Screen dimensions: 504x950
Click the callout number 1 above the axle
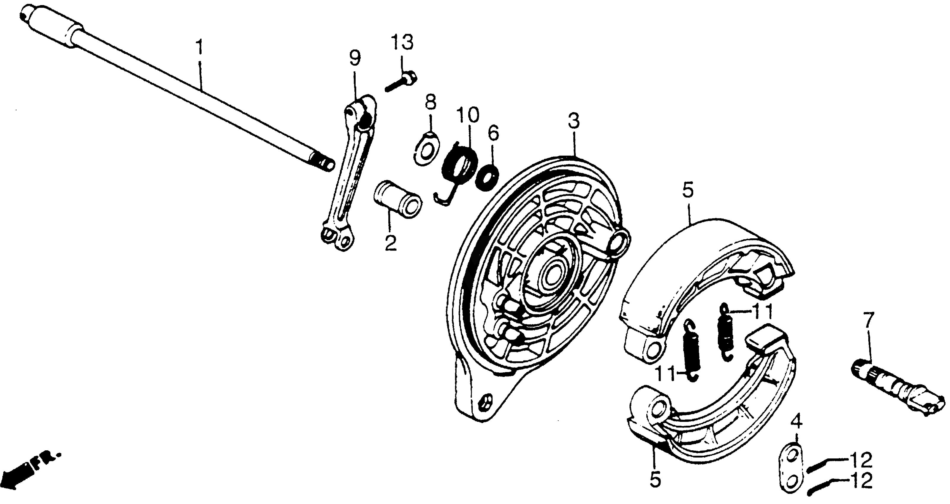tap(199, 47)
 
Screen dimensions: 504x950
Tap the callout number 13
tap(402, 43)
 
